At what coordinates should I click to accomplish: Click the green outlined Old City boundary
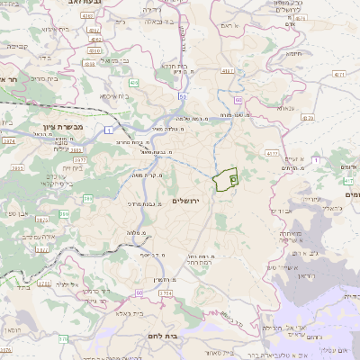(225, 179)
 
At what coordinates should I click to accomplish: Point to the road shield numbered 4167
(227, 70)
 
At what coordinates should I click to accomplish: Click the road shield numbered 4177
(271, 154)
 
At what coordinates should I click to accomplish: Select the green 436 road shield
(134, 84)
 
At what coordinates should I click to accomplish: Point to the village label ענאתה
(285, 107)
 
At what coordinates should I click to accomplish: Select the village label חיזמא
(293, 53)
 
